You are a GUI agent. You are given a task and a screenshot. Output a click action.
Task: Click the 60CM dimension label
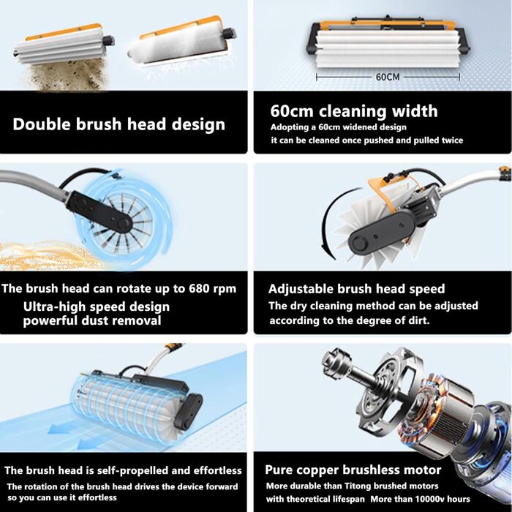tap(388, 77)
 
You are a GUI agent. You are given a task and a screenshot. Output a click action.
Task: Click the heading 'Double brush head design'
tap(118, 124)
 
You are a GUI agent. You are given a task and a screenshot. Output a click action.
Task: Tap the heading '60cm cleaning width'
tap(354, 111)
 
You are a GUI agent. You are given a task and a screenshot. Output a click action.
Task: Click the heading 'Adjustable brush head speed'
tap(357, 289)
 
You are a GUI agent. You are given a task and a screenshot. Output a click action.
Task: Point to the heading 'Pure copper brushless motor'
tap(353, 470)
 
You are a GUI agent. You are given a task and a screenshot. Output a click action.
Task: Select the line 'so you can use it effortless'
tap(62, 497)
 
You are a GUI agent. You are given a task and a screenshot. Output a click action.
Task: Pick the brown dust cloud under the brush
tap(69, 76)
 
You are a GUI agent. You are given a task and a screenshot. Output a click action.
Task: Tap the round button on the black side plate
tap(359, 244)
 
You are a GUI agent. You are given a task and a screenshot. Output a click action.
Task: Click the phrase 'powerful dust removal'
tap(92, 320)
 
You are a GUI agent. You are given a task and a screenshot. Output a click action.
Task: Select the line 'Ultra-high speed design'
tap(97, 307)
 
